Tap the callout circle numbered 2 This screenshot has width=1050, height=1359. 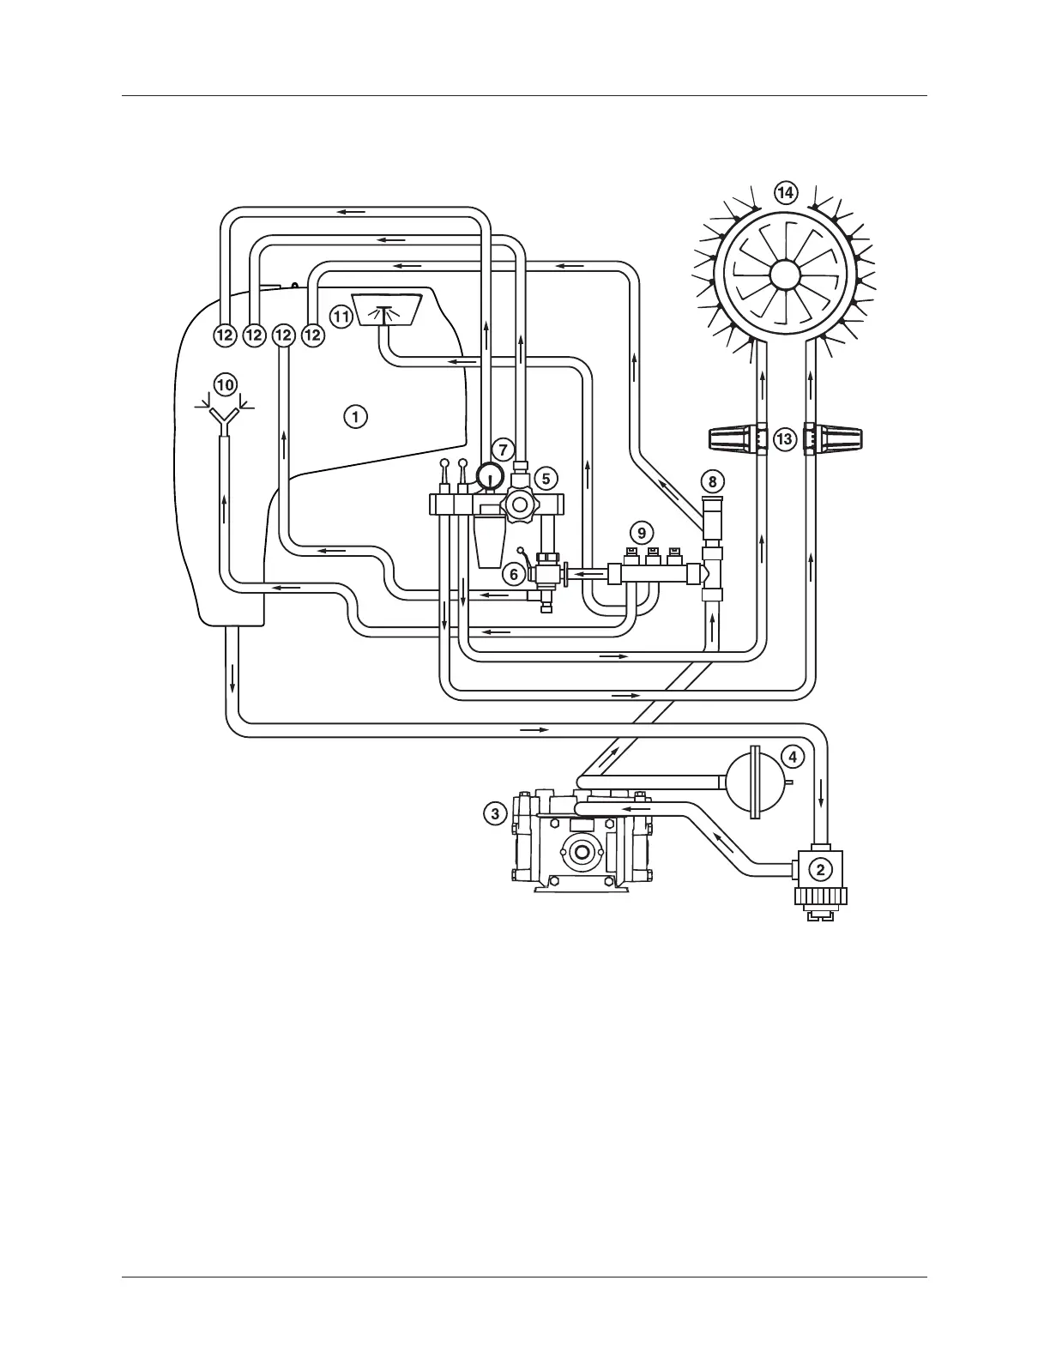tap(820, 869)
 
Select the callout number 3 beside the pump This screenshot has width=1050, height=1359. tap(495, 813)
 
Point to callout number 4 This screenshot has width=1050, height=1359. tap(793, 757)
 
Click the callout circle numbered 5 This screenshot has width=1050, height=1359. tap(545, 478)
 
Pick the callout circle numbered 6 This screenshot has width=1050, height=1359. tap(513, 574)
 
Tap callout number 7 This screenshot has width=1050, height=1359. tap(504, 449)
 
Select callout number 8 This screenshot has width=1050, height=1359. tap(712, 481)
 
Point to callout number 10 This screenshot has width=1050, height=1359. tap(225, 385)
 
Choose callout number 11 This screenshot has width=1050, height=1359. tap(341, 317)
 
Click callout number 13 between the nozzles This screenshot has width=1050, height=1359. tap(783, 440)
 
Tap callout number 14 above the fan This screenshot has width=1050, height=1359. tap(784, 192)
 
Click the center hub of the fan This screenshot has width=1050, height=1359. tap(784, 275)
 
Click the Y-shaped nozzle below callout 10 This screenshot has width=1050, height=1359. tap(225, 417)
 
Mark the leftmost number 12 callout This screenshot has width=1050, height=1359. tap(225, 335)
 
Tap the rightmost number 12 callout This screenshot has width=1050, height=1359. tap(312, 335)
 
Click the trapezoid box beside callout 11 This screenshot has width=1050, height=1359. tap(386, 309)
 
